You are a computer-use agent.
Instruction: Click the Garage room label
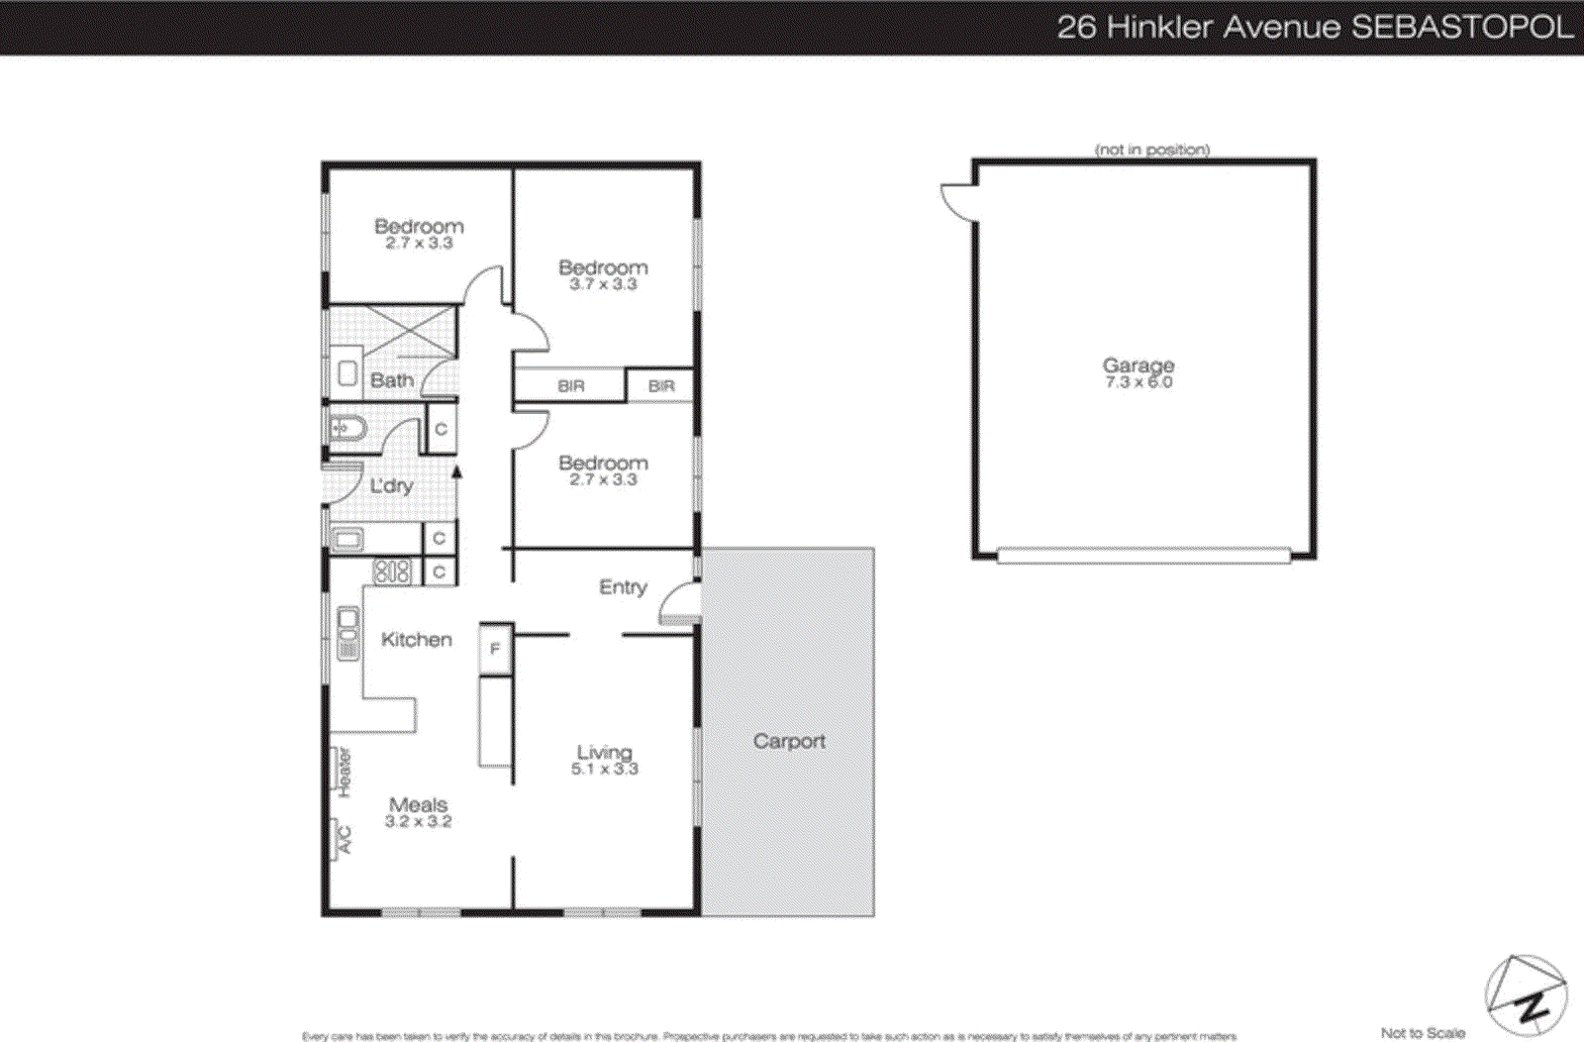click(1138, 365)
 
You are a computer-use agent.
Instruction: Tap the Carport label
click(789, 741)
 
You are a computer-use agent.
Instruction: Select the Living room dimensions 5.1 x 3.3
click(604, 769)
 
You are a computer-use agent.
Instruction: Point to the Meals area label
click(418, 804)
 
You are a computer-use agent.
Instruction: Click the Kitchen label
click(416, 640)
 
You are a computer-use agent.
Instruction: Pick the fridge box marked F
click(495, 649)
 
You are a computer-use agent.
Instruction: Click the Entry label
click(623, 587)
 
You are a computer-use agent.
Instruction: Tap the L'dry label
click(391, 486)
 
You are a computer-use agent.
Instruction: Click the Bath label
click(392, 380)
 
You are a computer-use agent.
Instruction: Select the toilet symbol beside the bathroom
click(347, 429)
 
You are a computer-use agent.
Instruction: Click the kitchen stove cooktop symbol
click(391, 572)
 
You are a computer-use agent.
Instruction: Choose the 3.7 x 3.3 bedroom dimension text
click(603, 284)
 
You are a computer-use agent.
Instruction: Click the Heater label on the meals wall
click(344, 773)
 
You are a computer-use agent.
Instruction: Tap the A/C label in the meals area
click(344, 840)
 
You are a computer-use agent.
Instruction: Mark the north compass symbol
click(1526, 995)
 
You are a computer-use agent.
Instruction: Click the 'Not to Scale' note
click(1423, 1033)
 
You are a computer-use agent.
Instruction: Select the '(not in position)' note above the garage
click(1152, 150)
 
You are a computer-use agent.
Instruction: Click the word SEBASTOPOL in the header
click(1462, 27)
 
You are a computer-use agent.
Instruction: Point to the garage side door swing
click(958, 202)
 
